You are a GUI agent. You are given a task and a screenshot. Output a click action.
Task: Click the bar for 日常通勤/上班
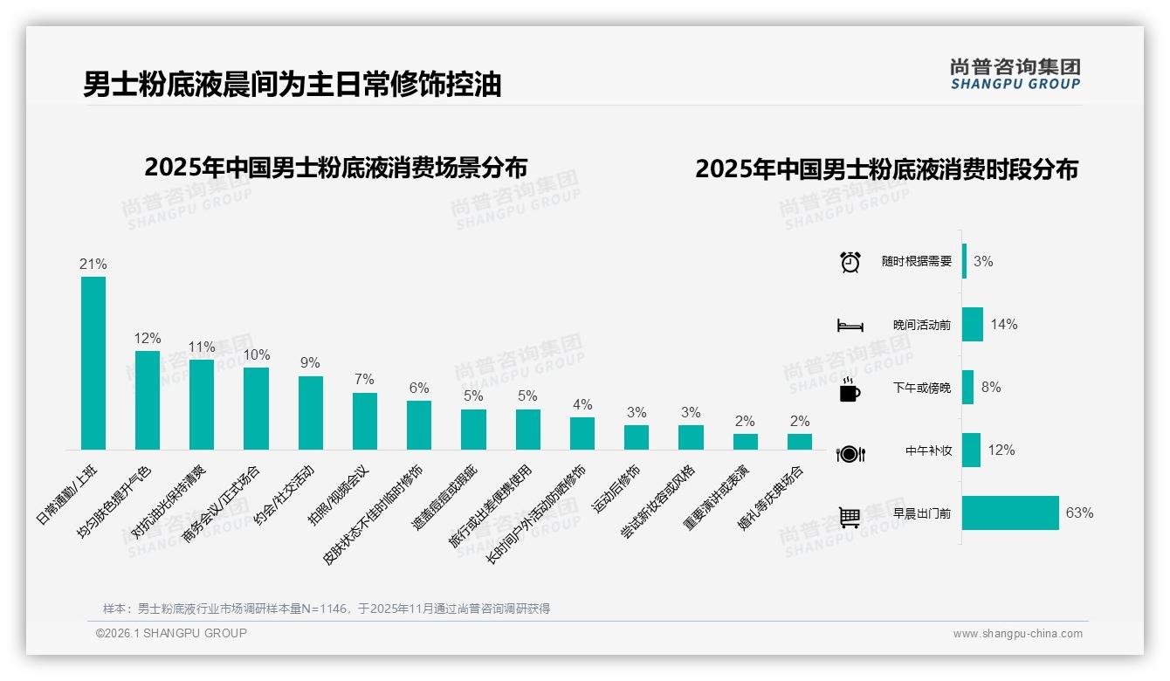93,363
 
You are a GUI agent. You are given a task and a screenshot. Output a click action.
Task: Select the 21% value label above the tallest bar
93,264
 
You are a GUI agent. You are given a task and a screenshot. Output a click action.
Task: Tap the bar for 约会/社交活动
311,413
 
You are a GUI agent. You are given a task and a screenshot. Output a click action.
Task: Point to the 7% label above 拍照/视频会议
365,379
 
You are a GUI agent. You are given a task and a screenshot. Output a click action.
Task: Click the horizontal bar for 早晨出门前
1010,513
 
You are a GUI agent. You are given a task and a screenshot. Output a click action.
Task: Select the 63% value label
1079,513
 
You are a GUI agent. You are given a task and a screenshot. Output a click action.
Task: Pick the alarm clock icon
850,261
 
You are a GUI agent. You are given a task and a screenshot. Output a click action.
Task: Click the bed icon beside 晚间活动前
850,325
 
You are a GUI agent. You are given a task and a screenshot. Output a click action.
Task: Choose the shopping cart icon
850,517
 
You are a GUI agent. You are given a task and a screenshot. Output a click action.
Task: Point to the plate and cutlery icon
850,453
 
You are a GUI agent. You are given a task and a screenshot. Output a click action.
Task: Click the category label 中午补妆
928,451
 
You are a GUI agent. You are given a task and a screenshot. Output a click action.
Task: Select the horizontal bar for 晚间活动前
973,324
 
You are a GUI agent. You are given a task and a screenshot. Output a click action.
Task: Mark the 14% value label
1004,324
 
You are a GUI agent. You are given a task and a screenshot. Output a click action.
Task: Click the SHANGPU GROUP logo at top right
1015,74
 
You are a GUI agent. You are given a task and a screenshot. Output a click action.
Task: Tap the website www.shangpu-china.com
1017,634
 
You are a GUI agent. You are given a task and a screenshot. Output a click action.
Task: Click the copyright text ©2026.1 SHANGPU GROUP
171,633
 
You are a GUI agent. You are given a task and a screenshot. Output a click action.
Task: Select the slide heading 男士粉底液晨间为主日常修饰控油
292,85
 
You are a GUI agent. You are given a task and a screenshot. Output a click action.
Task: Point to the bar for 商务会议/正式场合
256,409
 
